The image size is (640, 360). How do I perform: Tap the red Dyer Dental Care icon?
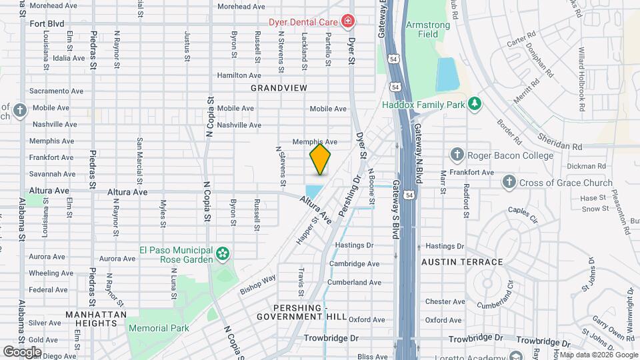click(x=347, y=22)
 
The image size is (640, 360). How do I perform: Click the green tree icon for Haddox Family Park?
click(x=474, y=103)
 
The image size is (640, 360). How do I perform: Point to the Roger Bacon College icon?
click(x=457, y=155)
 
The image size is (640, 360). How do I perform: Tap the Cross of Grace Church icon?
click(x=509, y=182)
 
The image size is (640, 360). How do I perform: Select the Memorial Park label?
click(x=159, y=328)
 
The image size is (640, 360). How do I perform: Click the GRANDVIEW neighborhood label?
click(x=279, y=88)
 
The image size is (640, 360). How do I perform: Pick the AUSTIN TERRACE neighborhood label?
click(x=462, y=262)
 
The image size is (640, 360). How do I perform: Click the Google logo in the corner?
click(x=22, y=351)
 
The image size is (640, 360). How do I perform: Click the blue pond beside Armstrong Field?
click(x=446, y=74)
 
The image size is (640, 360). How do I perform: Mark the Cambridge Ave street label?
click(x=354, y=264)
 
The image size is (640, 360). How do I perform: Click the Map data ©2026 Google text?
click(x=597, y=355)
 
